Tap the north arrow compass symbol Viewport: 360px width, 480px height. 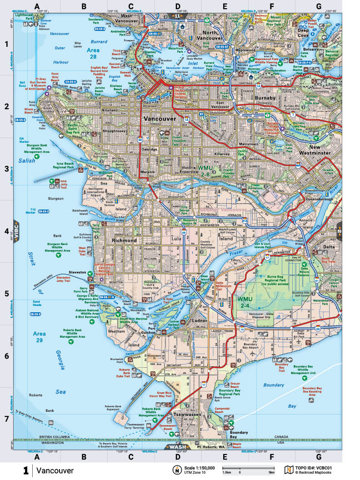(176, 470)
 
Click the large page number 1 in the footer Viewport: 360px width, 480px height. (26, 470)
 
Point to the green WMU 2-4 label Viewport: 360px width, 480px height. (245, 302)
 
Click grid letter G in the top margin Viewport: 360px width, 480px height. (319, 6)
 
